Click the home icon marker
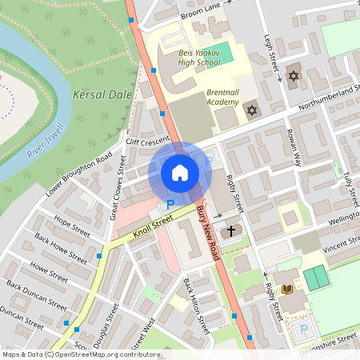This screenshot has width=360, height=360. [180, 172]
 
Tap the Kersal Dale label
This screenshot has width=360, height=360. [100, 94]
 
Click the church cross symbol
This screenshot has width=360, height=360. [231, 230]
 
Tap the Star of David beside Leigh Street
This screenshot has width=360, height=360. [292, 77]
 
